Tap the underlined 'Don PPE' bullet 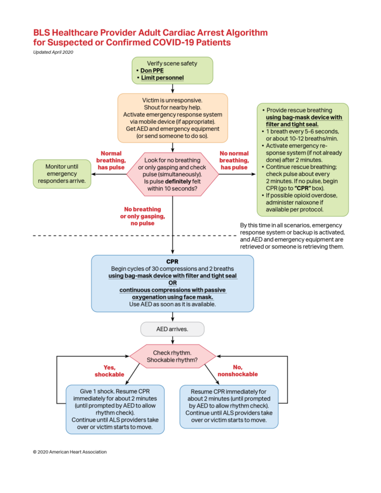coord(152,70)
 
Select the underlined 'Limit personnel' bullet coord(162,78)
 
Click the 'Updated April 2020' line coord(53,52)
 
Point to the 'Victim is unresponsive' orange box coord(172,118)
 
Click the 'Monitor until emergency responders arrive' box coord(62,174)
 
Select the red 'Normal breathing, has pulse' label coord(111,160)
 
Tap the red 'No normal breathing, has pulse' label coord(234,160)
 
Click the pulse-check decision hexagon coord(172,174)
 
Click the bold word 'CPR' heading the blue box coord(172,262)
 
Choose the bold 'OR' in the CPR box coord(172,283)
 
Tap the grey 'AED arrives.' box coord(172,329)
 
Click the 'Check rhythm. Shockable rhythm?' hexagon coord(172,356)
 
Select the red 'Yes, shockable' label coord(109,371)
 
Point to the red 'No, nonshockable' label coord(237,371)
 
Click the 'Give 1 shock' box coord(115,409)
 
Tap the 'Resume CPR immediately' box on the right coord(229,406)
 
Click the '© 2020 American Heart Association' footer coord(70,452)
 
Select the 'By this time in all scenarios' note coord(292,236)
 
